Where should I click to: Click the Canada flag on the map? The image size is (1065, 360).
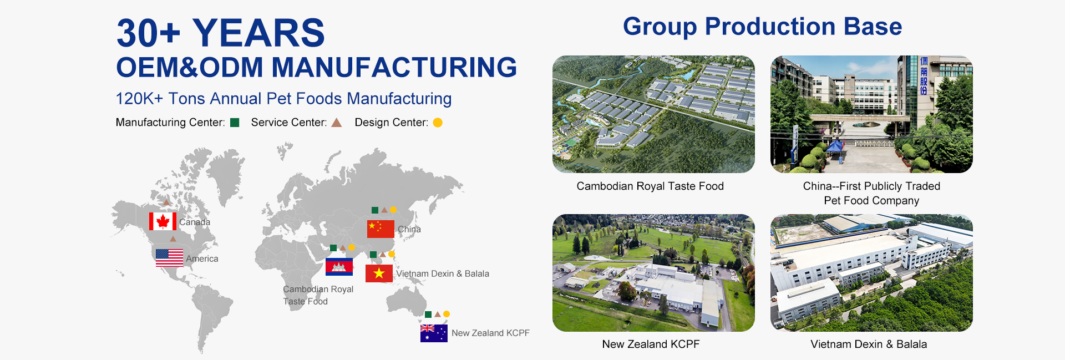(163, 221)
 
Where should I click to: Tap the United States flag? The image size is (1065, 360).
(169, 258)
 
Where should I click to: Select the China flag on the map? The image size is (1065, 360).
(381, 229)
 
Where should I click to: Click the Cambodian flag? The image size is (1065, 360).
(339, 267)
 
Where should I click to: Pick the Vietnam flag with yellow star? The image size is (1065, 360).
(379, 273)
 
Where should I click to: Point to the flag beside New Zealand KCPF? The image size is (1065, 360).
(434, 333)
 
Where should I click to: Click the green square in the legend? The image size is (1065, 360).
(235, 123)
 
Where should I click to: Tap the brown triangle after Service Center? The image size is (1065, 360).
(336, 123)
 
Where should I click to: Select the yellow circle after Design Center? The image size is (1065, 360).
(438, 123)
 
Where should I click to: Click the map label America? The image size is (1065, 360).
(202, 258)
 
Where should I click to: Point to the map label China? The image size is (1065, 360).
(409, 229)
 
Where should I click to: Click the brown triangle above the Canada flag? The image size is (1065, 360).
(166, 202)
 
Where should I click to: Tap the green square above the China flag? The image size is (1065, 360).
(375, 210)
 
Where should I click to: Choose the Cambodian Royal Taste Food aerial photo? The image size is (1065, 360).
(653, 114)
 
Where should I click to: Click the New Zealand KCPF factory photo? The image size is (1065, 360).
(653, 273)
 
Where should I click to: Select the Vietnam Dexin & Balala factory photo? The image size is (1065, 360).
(871, 273)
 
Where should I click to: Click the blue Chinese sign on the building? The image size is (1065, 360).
(924, 75)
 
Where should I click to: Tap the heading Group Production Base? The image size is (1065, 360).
(762, 27)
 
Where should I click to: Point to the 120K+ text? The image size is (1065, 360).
(139, 99)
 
